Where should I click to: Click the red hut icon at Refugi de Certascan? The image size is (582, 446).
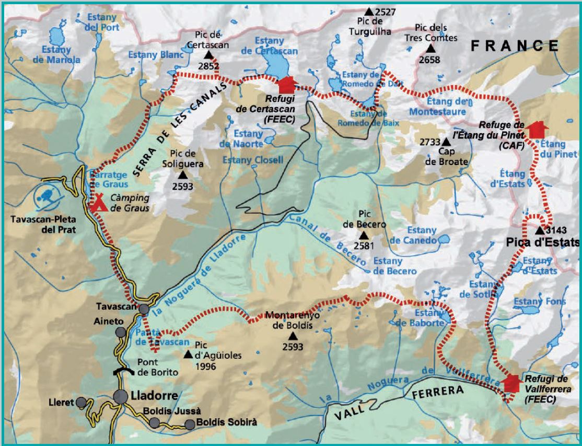(x=287, y=85)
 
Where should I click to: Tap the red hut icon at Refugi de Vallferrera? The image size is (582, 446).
(x=512, y=383)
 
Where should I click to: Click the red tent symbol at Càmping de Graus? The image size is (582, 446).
(x=98, y=203)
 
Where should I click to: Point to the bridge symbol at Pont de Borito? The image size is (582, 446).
(x=123, y=371)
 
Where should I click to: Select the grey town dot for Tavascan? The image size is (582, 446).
(x=144, y=309)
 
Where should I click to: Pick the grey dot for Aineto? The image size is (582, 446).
(x=121, y=332)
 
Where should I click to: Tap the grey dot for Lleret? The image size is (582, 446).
(x=81, y=402)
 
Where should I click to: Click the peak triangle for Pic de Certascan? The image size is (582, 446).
(x=208, y=55)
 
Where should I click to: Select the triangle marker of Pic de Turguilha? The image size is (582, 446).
(x=369, y=11)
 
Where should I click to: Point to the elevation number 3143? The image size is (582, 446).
(x=556, y=230)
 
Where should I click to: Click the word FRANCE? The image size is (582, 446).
(x=515, y=46)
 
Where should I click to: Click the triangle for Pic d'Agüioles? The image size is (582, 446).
(x=188, y=355)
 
